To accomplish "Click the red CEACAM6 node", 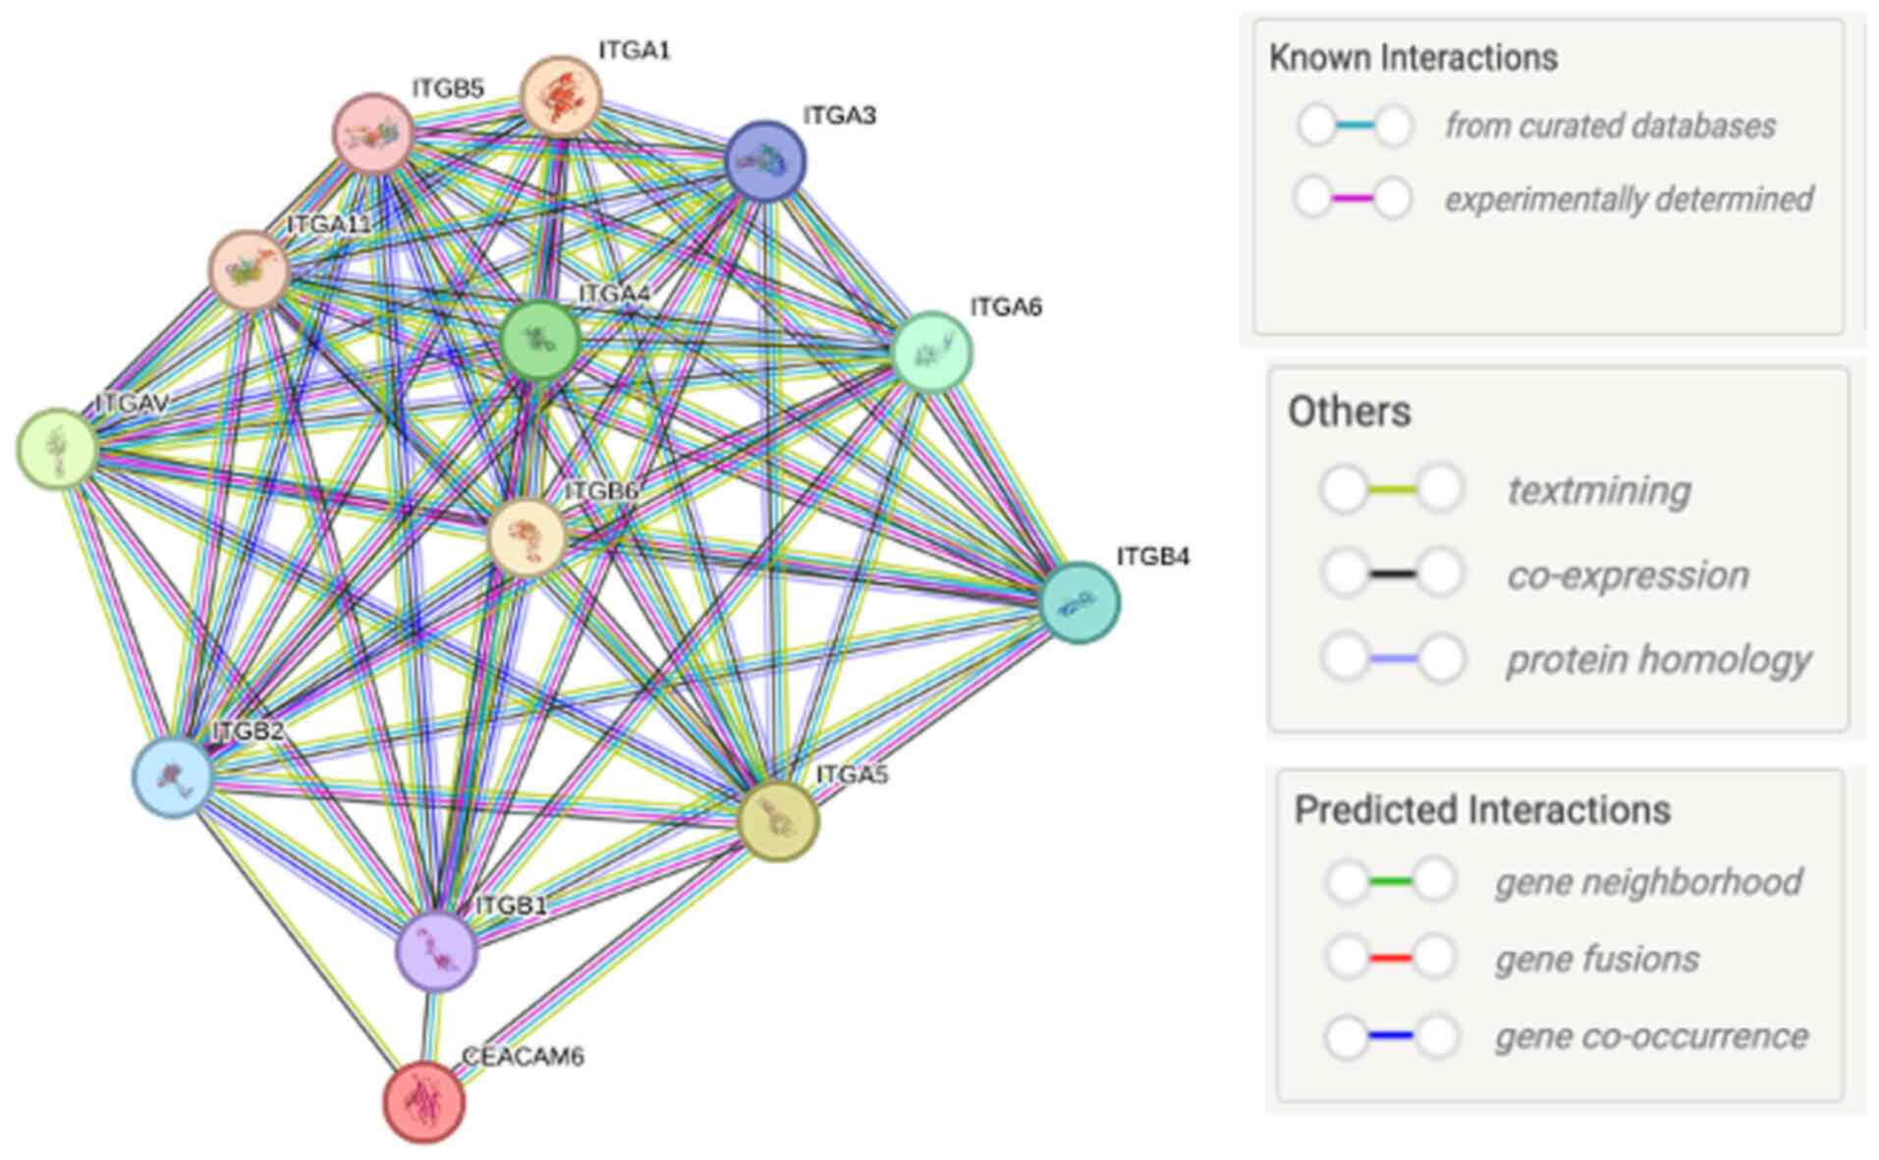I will click(x=423, y=1101).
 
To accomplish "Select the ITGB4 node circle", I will click(x=1078, y=602).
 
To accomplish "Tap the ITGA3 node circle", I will click(x=765, y=161).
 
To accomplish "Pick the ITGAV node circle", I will click(x=58, y=448).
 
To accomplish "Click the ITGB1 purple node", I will click(x=436, y=950).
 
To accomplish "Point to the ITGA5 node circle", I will click(x=777, y=821).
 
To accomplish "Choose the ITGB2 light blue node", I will click(x=173, y=777).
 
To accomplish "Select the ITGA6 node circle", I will click(x=931, y=352).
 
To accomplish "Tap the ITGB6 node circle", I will click(x=527, y=536).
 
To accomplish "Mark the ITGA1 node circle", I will click(x=560, y=96).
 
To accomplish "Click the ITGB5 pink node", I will click(x=373, y=134).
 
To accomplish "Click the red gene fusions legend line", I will click(x=1390, y=958).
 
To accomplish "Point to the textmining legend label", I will click(x=1598, y=490).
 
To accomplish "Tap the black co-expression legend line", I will click(x=1392, y=574).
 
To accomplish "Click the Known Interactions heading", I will click(x=1412, y=58).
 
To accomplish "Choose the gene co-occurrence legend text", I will click(x=1650, y=1036).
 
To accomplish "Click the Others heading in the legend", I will click(x=1349, y=412).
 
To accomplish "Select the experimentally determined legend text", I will click(x=1628, y=199).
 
